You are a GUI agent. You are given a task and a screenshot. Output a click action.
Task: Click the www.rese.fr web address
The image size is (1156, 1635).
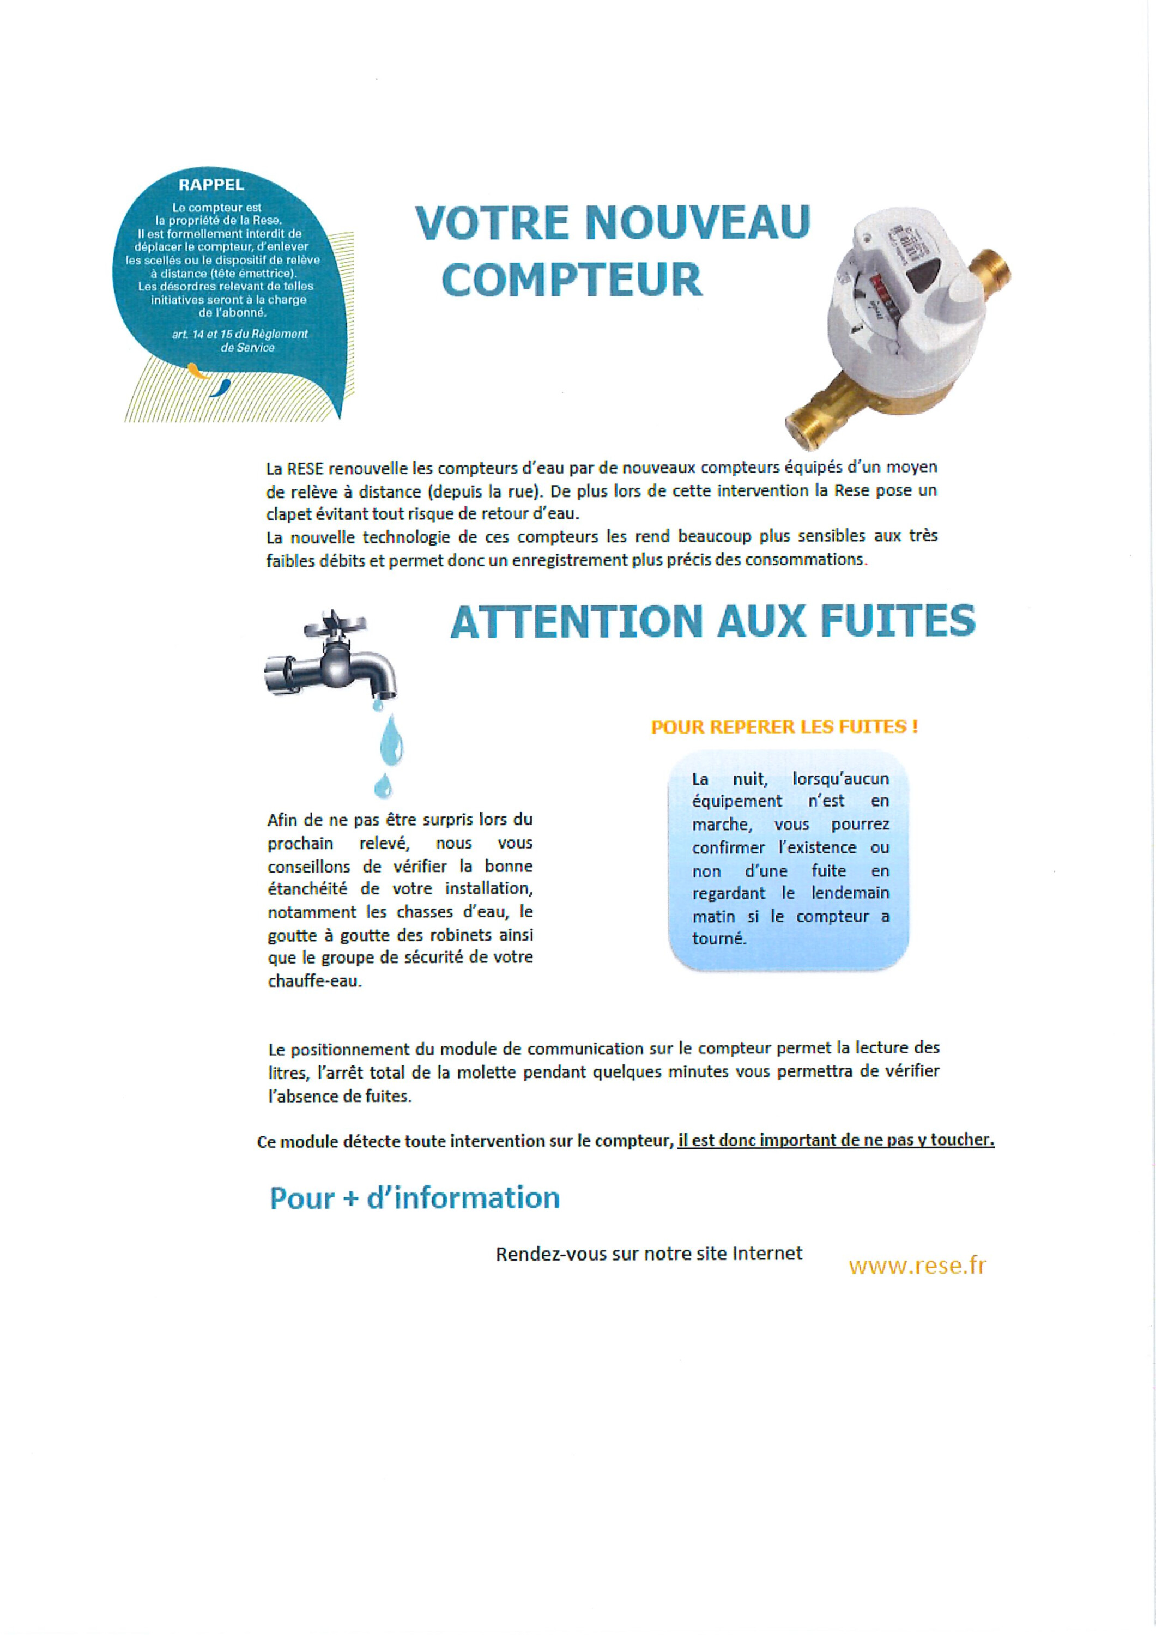pyautogui.click(x=917, y=1265)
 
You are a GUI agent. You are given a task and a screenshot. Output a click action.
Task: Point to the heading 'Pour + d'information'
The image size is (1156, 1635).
pyautogui.click(x=415, y=1198)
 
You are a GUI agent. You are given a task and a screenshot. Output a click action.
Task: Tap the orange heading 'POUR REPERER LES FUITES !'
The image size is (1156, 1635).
pyautogui.click(x=784, y=727)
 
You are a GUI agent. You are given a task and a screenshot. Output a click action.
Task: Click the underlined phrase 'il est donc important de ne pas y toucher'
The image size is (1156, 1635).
pyautogui.click(x=836, y=1140)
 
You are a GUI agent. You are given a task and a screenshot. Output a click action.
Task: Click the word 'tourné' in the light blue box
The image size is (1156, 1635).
pyautogui.click(x=719, y=938)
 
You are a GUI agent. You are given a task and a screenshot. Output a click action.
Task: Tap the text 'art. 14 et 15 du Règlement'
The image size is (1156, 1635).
pyautogui.click(x=240, y=333)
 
